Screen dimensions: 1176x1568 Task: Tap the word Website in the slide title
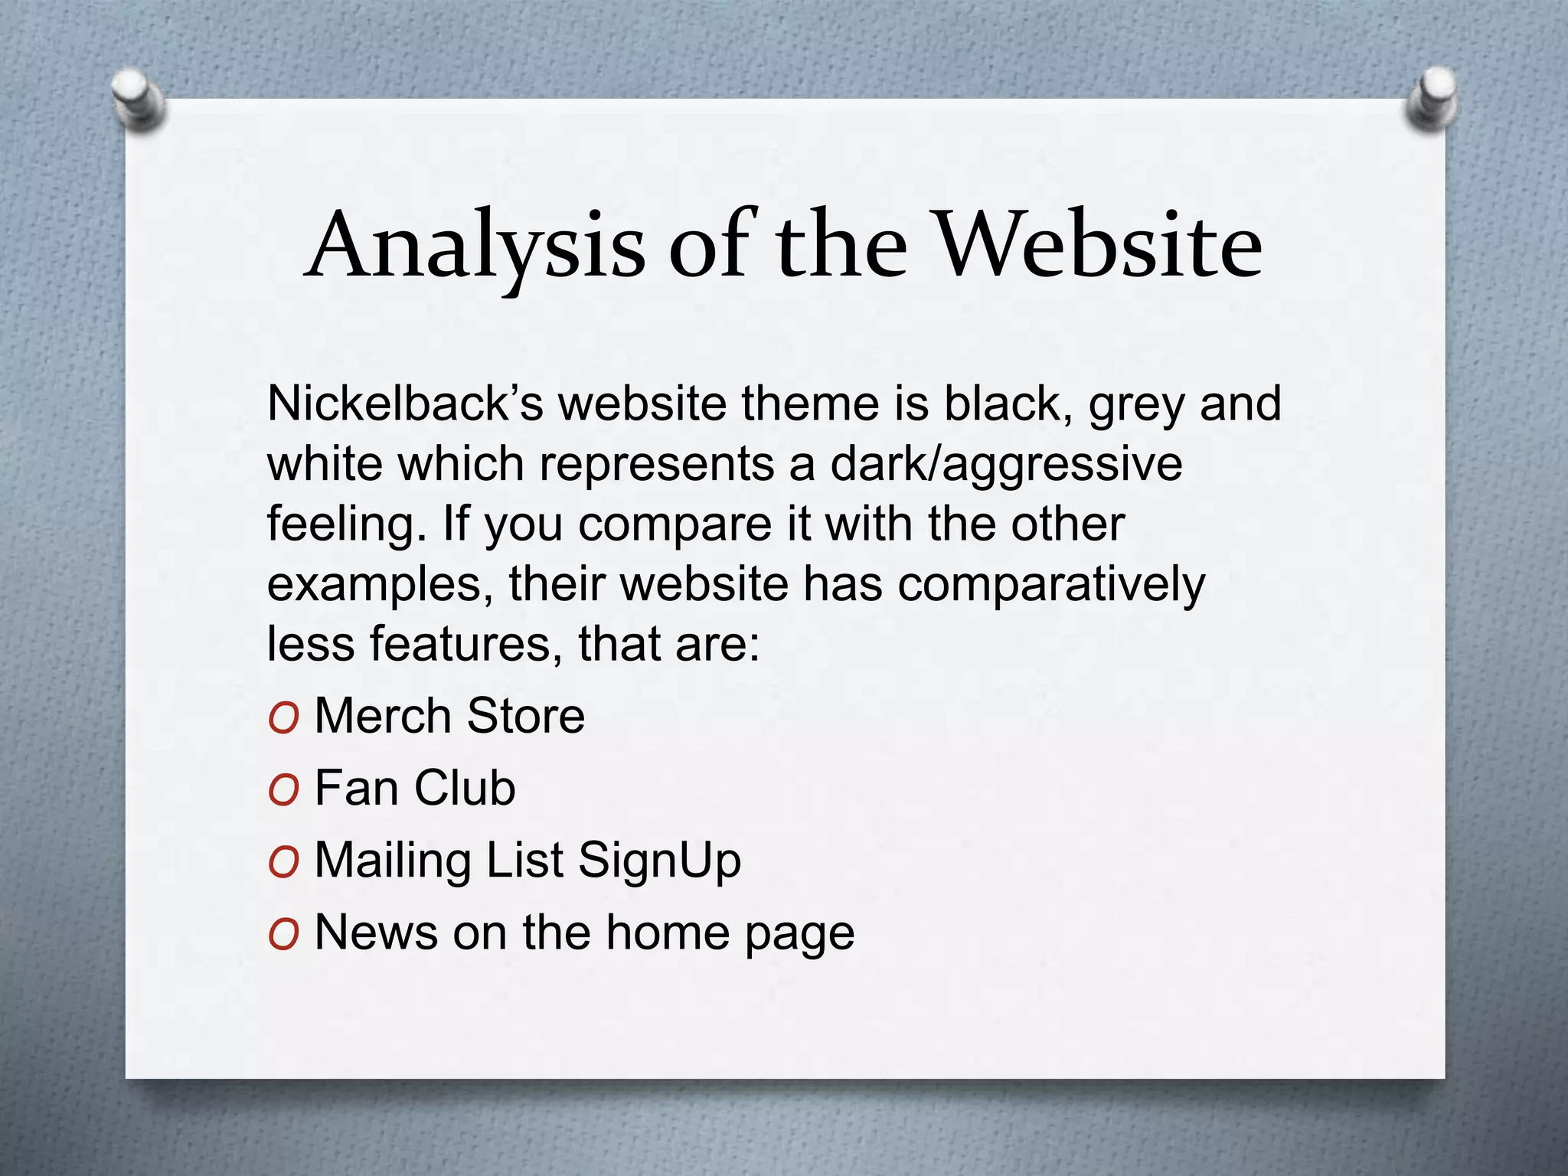pyautogui.click(x=1099, y=245)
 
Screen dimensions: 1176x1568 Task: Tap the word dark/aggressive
pyautogui.click(x=1007, y=464)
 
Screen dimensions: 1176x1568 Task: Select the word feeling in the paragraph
pyautogui.click(x=346, y=524)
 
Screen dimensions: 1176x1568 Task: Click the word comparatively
pyautogui.click(x=1051, y=585)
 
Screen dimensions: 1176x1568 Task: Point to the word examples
pyautogui.click(x=380, y=585)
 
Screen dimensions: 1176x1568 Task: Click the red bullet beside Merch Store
pyautogui.click(x=283, y=718)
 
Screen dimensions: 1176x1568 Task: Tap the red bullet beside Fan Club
pyautogui.click(x=283, y=790)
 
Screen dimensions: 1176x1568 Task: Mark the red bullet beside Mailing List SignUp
pyautogui.click(x=283, y=863)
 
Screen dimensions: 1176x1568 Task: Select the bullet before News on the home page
pyautogui.click(x=283, y=935)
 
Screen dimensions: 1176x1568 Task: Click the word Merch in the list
pyautogui.click(x=383, y=716)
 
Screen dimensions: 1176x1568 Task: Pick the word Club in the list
pyautogui.click(x=465, y=788)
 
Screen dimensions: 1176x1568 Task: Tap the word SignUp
pyautogui.click(x=659, y=861)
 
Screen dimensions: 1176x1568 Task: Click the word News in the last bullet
pyautogui.click(x=376, y=933)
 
